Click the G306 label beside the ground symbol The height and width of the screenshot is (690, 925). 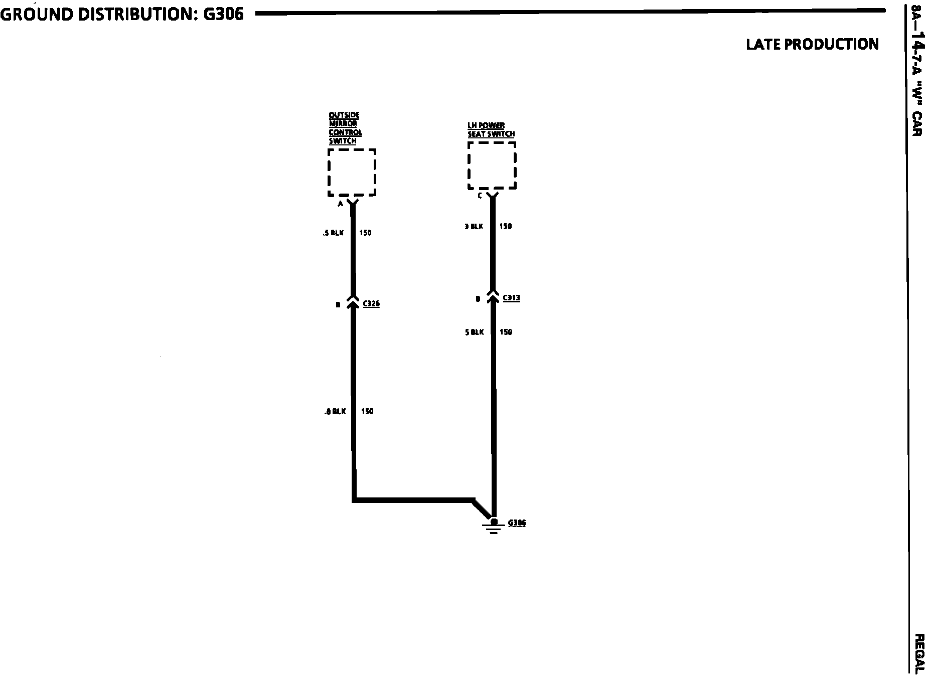coord(517,523)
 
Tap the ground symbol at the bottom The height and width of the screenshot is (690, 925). coord(494,526)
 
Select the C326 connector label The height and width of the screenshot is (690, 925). coord(371,304)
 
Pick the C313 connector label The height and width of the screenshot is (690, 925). coord(511,298)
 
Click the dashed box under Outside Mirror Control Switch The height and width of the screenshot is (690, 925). coord(352,172)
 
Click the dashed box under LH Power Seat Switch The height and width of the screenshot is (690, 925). coord(492,166)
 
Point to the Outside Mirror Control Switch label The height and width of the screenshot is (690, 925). coord(345,128)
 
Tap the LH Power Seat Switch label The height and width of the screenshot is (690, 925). coord(491,130)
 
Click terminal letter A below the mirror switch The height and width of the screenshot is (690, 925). coord(340,204)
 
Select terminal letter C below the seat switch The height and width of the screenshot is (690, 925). coord(480,196)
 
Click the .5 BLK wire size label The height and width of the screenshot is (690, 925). coord(334,233)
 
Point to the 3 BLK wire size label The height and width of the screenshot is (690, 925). coord(474,227)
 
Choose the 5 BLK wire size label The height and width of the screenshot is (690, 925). coord(475,332)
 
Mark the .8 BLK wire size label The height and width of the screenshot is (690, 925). coord(335,412)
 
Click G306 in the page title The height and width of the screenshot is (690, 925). coord(223,14)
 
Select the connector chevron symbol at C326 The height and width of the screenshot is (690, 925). coord(353,301)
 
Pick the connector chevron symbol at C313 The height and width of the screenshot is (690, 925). coord(493,295)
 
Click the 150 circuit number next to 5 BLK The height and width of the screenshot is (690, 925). coord(506,332)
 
